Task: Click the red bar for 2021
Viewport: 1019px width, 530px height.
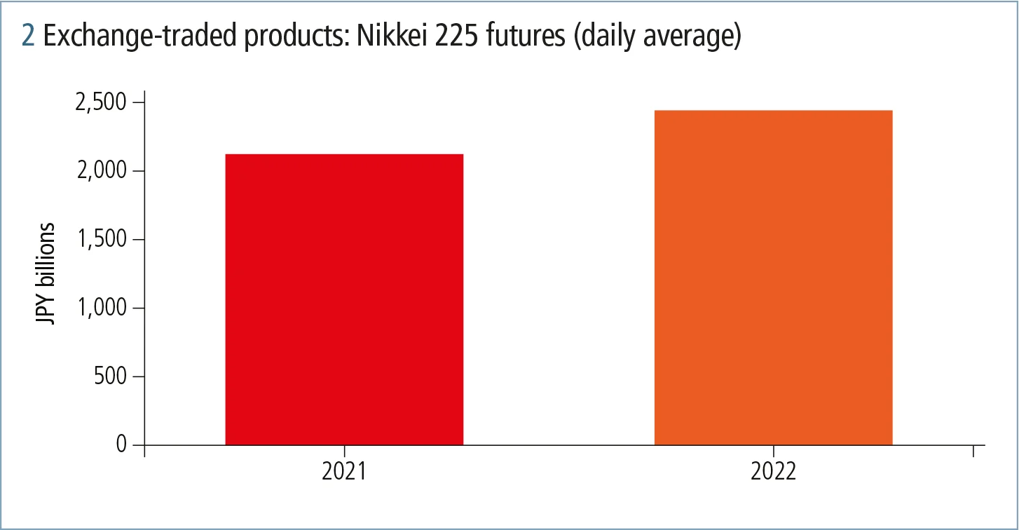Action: click(344, 299)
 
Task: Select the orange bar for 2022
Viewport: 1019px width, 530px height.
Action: click(773, 278)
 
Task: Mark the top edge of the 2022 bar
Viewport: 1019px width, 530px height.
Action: click(773, 111)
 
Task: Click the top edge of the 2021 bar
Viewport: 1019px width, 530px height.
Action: click(344, 154)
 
